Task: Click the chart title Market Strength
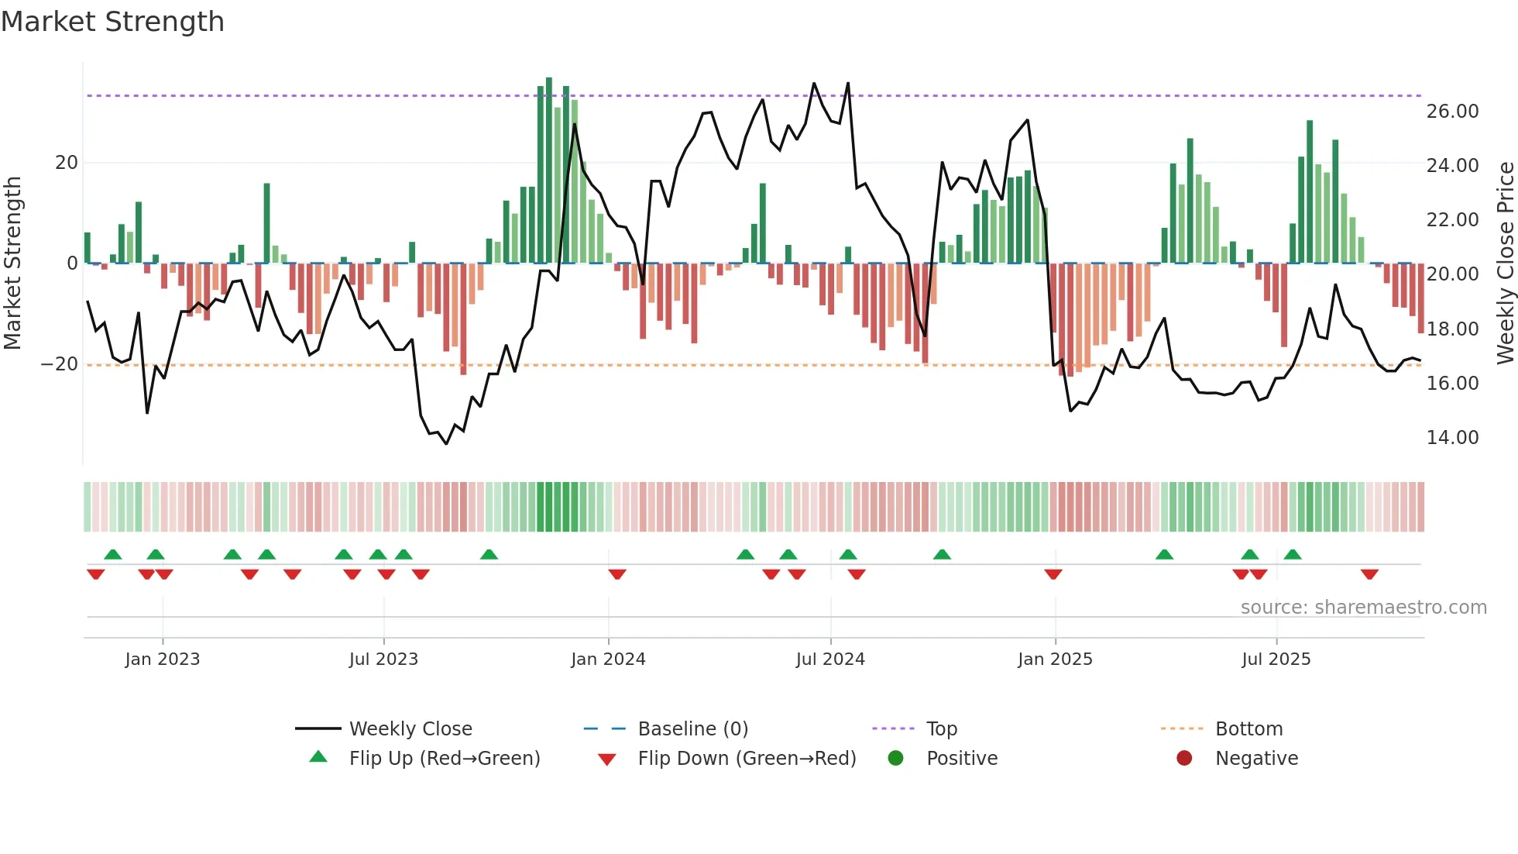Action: point(112,22)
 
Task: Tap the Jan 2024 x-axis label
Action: point(608,659)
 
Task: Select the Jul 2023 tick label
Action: point(383,659)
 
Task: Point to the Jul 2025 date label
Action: point(1276,659)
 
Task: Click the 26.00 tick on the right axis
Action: point(1452,112)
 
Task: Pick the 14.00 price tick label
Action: point(1452,438)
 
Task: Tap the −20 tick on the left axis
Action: point(60,364)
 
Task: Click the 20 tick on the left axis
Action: point(67,163)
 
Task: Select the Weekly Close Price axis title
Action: point(1505,263)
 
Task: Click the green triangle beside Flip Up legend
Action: point(318,757)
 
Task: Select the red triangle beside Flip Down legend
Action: point(607,759)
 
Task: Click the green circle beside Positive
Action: point(895,758)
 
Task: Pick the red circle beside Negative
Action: point(1184,758)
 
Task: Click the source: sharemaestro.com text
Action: point(1363,608)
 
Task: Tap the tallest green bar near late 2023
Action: point(549,170)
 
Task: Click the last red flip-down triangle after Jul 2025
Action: point(1369,574)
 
